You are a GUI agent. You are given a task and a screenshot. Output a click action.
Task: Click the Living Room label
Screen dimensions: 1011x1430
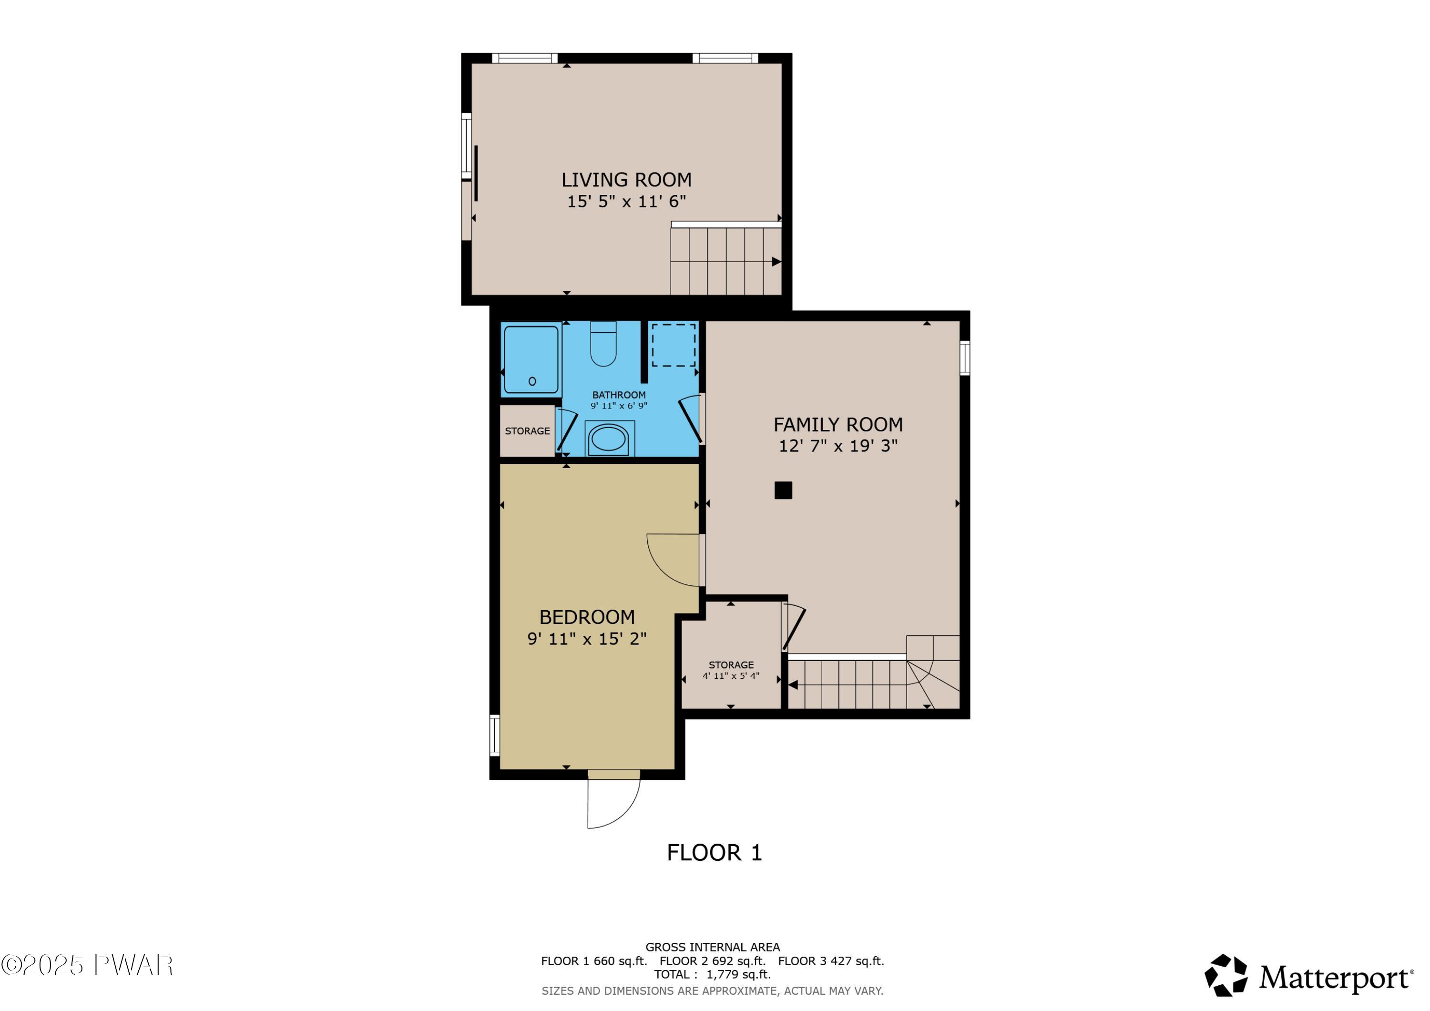coord(626,180)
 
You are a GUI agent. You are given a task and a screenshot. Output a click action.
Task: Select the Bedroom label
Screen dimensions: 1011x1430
coord(587,617)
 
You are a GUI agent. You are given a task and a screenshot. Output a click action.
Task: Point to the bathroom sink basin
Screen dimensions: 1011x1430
coord(608,439)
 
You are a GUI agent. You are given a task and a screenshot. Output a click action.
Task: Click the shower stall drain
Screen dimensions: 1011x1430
coord(532,381)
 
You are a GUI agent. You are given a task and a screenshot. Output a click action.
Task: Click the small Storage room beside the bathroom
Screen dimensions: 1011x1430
coord(527,431)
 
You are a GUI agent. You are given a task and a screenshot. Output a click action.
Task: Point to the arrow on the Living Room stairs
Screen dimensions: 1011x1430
coord(776,262)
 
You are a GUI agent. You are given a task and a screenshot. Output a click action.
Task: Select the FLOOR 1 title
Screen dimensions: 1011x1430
coord(715,853)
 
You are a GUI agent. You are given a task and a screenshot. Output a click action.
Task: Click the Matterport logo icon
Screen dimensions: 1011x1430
coord(1225,976)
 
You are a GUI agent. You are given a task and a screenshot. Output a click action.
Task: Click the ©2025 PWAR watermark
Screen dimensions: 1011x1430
coord(87,966)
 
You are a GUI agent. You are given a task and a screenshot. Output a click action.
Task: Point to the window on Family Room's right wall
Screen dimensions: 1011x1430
coord(964,357)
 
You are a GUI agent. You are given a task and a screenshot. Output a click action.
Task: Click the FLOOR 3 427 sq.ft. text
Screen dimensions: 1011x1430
coord(830,961)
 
